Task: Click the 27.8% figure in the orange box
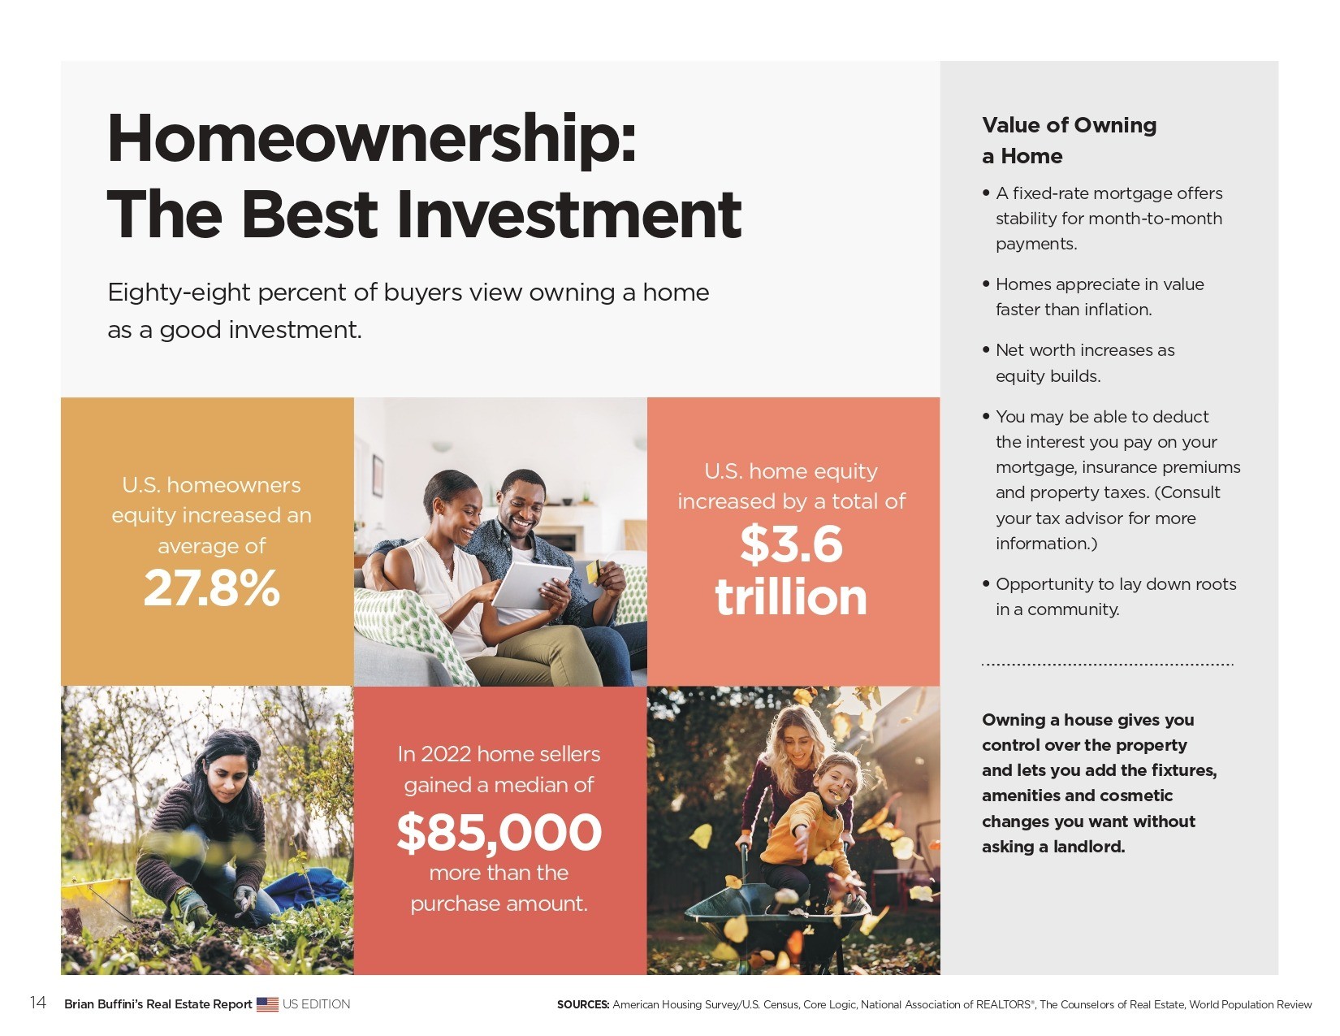tap(211, 588)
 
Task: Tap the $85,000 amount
tap(499, 832)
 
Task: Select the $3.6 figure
tap(791, 545)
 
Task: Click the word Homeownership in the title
tap(371, 140)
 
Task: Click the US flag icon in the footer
tap(267, 1004)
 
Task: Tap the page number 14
tap(37, 1003)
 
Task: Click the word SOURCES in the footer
tap(583, 1004)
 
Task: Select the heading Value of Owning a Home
tap(1069, 140)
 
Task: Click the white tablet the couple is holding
tap(531, 584)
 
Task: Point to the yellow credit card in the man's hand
tap(593, 571)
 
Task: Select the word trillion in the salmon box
tap(791, 596)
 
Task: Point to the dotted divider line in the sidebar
tap(1108, 665)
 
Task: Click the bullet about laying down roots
tap(1109, 596)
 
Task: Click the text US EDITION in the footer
tap(317, 1004)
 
